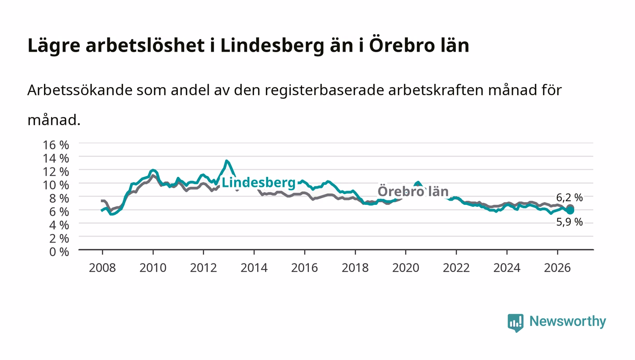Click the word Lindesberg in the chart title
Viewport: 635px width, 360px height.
pyautogui.click(x=272, y=45)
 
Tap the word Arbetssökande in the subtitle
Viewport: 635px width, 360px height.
pyautogui.click(x=80, y=90)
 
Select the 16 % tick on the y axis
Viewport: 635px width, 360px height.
pyautogui.click(x=56, y=145)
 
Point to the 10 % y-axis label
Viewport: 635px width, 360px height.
pyautogui.click(x=56, y=185)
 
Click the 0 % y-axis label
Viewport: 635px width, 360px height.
pyautogui.click(x=59, y=252)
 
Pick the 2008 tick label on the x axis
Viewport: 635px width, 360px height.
pyautogui.click(x=103, y=268)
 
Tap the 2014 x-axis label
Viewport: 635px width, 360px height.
pyautogui.click(x=254, y=268)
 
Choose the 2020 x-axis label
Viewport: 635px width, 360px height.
pyautogui.click(x=405, y=268)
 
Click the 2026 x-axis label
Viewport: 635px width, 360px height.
pyautogui.click(x=557, y=268)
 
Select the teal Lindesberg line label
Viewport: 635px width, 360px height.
pyautogui.click(x=259, y=183)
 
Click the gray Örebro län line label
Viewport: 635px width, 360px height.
pyautogui.click(x=413, y=191)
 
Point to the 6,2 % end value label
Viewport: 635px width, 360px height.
pyautogui.click(x=569, y=198)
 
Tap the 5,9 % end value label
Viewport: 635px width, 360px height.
pyautogui.click(x=569, y=222)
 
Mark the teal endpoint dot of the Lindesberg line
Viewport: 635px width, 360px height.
pyautogui.click(x=570, y=210)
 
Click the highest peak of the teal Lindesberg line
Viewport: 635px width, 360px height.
pyautogui.click(x=226, y=161)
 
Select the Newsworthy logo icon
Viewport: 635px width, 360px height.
pyautogui.click(x=515, y=322)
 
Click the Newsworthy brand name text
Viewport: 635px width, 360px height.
pyautogui.click(x=567, y=321)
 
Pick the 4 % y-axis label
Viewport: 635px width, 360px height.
pyautogui.click(x=59, y=225)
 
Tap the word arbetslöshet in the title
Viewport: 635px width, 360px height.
pyautogui.click(x=145, y=45)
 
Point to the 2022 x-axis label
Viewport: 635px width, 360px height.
pyautogui.click(x=456, y=268)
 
